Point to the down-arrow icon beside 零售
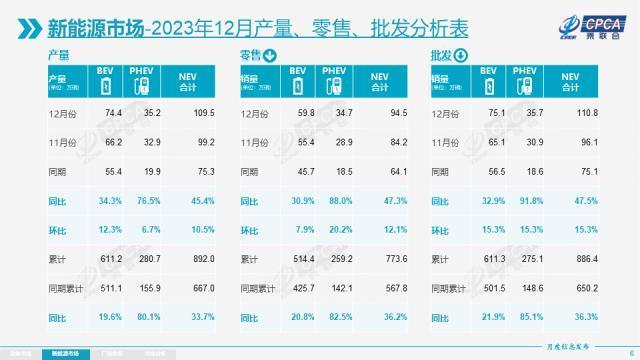coord(272,56)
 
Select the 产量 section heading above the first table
coord(59,56)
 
